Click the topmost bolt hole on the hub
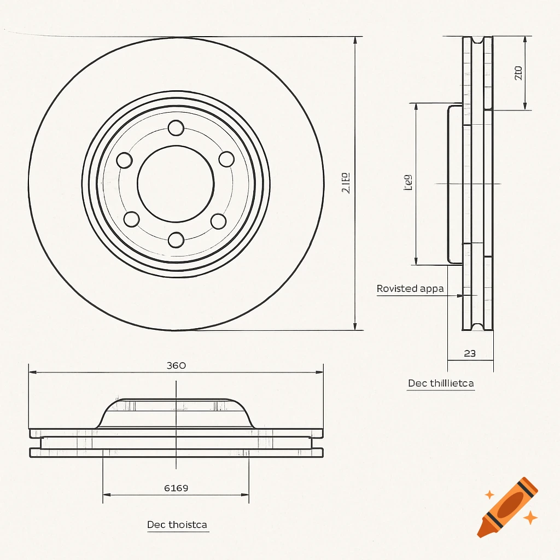click(x=176, y=128)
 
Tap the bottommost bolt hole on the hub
click(x=176, y=240)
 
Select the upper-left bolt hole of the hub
click(x=125, y=160)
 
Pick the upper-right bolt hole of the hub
click(x=226, y=159)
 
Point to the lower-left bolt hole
click(x=131, y=219)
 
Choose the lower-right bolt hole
click(x=218, y=221)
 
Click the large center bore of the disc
click(x=176, y=183)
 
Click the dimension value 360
click(x=176, y=365)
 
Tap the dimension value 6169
click(x=176, y=488)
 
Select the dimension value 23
click(x=470, y=353)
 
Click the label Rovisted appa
click(x=410, y=288)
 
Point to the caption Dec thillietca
click(x=441, y=383)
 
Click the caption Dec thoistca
click(x=177, y=525)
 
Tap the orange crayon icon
click(x=507, y=506)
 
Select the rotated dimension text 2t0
click(x=518, y=73)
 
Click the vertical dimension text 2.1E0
click(x=345, y=183)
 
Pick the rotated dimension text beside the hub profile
click(x=407, y=182)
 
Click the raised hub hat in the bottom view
click(x=176, y=413)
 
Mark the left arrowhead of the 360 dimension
click(x=32, y=372)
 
